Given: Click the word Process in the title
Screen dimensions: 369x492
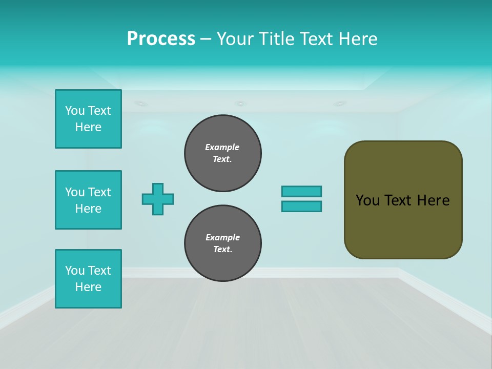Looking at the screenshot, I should (x=161, y=39).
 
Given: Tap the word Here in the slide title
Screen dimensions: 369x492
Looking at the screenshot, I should (x=358, y=39).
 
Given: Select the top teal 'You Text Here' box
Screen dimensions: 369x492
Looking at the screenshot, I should (x=88, y=119).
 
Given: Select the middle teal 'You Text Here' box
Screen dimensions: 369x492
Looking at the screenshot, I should (x=88, y=200).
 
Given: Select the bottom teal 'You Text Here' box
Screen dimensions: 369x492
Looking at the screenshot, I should (x=88, y=279).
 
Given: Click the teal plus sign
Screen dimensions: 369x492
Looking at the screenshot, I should (x=158, y=199).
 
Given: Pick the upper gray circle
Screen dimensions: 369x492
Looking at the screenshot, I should (x=223, y=153).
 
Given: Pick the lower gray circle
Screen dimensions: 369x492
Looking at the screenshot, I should (x=223, y=243).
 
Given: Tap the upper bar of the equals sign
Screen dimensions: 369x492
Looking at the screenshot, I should (x=301, y=191).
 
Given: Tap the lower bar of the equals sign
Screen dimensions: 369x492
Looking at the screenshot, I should (x=301, y=206).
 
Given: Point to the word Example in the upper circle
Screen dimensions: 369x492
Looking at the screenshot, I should (x=222, y=147).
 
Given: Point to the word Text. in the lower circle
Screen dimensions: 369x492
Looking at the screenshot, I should (x=223, y=250).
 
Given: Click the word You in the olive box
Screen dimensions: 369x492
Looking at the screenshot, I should (x=367, y=200).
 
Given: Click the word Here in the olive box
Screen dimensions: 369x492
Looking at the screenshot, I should (x=433, y=200).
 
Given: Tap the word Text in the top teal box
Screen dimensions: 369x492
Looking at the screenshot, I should (x=99, y=111).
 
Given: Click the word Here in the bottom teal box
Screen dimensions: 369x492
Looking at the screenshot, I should (x=88, y=287).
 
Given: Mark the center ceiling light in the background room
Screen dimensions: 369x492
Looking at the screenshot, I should (x=240, y=104).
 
